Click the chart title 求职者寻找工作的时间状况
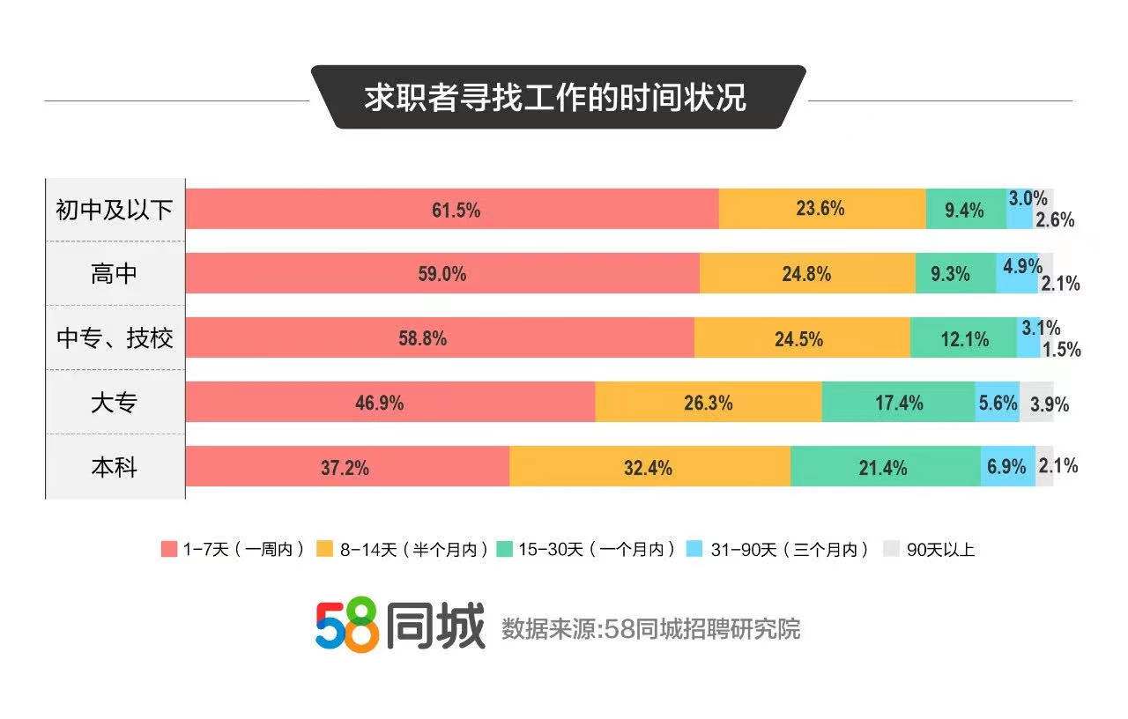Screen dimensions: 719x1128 pyautogui.click(x=557, y=97)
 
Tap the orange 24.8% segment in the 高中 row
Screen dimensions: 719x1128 pyautogui.click(x=806, y=273)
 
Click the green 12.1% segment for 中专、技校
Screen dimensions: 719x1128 pyautogui.click(x=963, y=338)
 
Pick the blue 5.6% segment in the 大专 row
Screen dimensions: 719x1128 pyautogui.click(x=998, y=403)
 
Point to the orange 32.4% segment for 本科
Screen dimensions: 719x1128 pyautogui.click(x=649, y=467)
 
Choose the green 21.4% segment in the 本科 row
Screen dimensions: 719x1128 pyautogui.click(x=885, y=467)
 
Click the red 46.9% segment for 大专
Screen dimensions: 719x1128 pyautogui.click(x=390, y=403)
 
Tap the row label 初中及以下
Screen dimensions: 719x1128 pyautogui.click(x=115, y=210)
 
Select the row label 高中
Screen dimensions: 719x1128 pyautogui.click(x=115, y=274)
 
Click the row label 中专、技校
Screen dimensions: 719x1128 pyautogui.click(x=115, y=338)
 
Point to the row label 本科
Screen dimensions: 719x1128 pyautogui.click(x=115, y=467)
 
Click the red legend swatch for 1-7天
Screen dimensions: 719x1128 pyautogui.click(x=169, y=549)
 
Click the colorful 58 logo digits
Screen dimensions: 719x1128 pyautogui.click(x=347, y=627)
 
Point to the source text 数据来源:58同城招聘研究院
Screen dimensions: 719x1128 pyautogui.click(x=651, y=629)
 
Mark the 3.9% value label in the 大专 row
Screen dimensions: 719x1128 pyautogui.click(x=1049, y=404)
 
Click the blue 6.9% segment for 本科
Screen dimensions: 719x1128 pyautogui.click(x=1007, y=467)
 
